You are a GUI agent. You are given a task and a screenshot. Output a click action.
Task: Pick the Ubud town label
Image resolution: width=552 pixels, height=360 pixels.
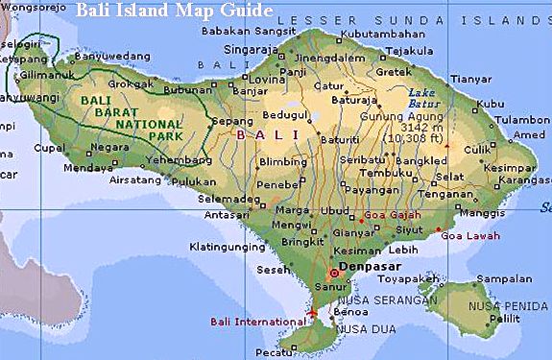coord(334,210)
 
